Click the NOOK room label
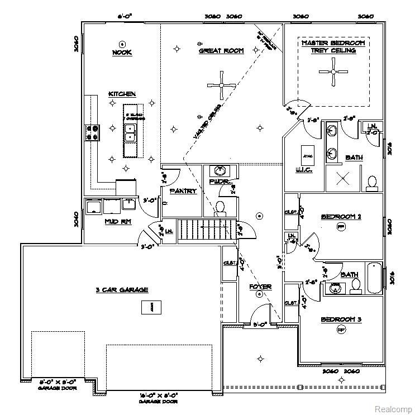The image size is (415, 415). (121, 53)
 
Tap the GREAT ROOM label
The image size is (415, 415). (221, 51)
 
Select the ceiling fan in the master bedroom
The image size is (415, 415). (333, 71)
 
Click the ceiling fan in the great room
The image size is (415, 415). (222, 85)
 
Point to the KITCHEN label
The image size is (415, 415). (122, 94)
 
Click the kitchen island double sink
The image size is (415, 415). (130, 132)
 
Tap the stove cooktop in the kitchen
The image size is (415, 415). (92, 132)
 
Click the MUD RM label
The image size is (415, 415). (118, 221)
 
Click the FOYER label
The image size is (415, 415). (260, 287)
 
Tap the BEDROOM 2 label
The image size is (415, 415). (341, 216)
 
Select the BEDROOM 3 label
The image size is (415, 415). (341, 319)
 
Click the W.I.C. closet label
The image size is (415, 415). (298, 170)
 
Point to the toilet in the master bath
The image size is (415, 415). (372, 182)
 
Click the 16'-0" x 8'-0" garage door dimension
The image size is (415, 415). (159, 398)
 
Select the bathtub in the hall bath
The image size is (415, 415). (374, 278)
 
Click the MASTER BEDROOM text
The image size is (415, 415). (333, 43)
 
